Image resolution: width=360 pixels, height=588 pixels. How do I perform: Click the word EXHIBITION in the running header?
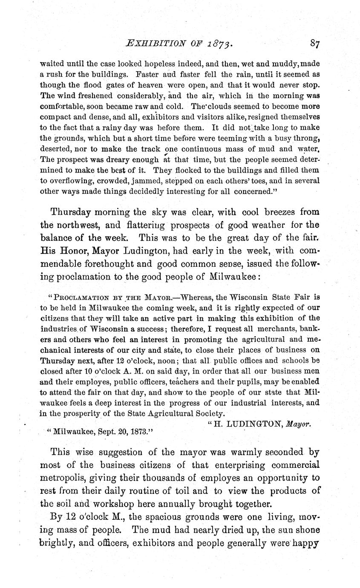click(x=147, y=43)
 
